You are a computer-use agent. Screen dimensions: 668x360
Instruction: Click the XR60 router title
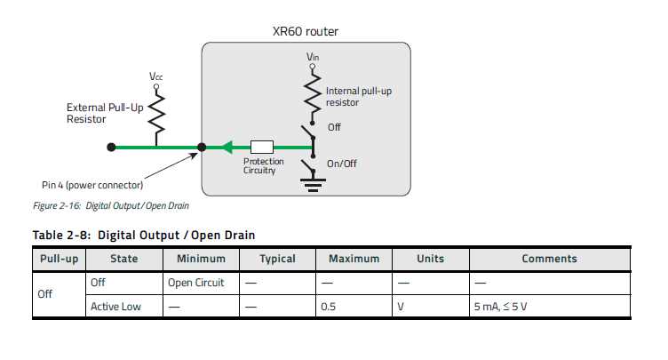[x=305, y=32]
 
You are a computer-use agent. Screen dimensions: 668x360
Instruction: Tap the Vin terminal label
[x=313, y=57]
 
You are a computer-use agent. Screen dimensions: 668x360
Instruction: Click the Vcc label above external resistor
[x=156, y=76]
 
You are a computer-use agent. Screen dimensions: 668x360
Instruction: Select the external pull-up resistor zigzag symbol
[x=156, y=116]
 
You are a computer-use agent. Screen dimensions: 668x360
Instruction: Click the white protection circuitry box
[x=261, y=148]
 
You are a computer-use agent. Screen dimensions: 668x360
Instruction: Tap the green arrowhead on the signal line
[x=227, y=148]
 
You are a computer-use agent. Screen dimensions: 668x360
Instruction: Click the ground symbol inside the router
[x=313, y=185]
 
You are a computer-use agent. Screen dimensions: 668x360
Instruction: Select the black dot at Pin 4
[x=202, y=148]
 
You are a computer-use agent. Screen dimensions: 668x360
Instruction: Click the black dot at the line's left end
[x=111, y=148]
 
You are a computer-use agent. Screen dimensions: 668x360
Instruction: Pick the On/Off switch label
[x=342, y=164]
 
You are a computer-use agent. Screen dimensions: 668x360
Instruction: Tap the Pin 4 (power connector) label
[x=92, y=185]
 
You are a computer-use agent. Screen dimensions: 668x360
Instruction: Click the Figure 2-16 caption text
[x=111, y=205]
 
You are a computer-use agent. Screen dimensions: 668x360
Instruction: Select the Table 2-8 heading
[x=144, y=235]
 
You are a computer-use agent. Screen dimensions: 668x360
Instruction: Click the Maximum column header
[x=354, y=259]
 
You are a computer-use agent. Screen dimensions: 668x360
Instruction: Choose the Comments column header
[x=550, y=259]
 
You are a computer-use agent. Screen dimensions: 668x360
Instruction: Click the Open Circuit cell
[x=196, y=283]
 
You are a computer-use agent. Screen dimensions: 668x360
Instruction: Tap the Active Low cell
[x=115, y=307]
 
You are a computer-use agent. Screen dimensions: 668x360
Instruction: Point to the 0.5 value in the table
[x=328, y=307]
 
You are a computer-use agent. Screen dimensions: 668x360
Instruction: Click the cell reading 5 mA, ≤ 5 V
[x=501, y=307]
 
